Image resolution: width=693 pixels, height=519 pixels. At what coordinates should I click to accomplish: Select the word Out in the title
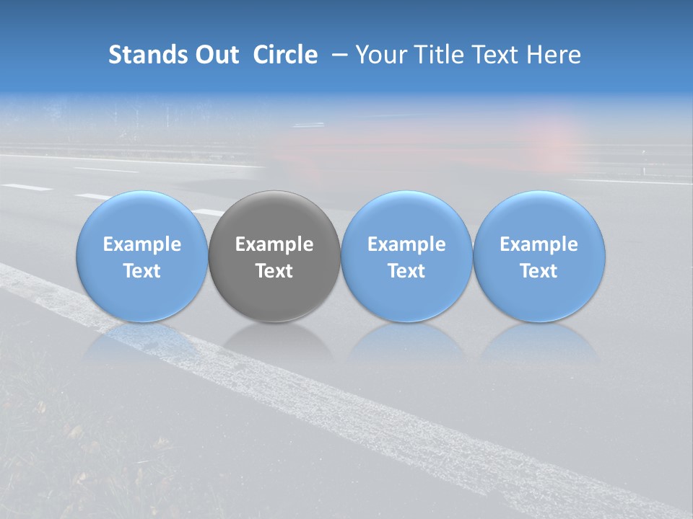pyautogui.click(x=214, y=55)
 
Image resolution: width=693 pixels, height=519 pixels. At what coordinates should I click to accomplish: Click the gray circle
pyautogui.click(x=274, y=216)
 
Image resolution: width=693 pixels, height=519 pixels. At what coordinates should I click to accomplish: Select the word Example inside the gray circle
pyautogui.click(x=274, y=244)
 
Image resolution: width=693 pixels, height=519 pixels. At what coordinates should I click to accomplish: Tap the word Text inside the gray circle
pyautogui.click(x=274, y=271)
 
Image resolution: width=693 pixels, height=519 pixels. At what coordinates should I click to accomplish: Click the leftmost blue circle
pyautogui.click(x=142, y=216)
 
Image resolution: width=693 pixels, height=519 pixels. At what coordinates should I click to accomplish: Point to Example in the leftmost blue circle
pyautogui.click(x=142, y=244)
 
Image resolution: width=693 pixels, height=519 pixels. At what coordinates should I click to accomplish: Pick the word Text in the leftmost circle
pyautogui.click(x=142, y=271)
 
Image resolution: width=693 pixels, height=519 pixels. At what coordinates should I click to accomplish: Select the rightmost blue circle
pyautogui.click(x=539, y=216)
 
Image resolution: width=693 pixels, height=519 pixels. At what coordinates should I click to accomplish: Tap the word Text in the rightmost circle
pyautogui.click(x=539, y=271)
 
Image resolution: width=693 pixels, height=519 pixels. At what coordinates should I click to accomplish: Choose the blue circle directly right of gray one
pyautogui.click(x=406, y=216)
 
